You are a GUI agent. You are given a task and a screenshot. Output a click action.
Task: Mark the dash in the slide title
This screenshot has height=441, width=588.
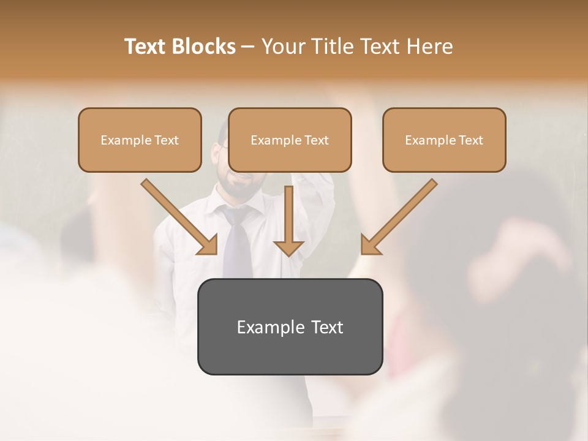coord(248,47)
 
